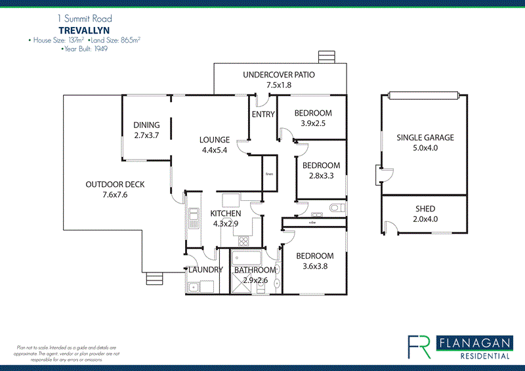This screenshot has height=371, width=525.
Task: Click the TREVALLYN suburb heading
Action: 83,30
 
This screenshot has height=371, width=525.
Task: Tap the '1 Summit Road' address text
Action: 84,20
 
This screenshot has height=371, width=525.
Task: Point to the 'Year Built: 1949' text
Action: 85,49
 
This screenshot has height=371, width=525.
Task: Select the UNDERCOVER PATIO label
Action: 279,75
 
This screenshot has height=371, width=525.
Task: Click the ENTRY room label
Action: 263,115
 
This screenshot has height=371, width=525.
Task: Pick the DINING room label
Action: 147,125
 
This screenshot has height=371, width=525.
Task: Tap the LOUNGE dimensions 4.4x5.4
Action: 215,150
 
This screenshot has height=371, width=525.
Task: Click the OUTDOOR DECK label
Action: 115,185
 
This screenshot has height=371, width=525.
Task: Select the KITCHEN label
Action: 225,213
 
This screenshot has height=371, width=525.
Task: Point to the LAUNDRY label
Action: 205,270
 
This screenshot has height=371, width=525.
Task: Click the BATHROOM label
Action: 255,270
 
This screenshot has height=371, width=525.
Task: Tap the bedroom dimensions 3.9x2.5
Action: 313,123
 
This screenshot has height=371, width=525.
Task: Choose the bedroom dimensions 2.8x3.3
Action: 321,175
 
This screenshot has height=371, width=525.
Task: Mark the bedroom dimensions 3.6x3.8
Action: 315,266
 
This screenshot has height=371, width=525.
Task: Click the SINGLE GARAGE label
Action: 425,138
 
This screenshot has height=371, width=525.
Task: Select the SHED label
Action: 425,209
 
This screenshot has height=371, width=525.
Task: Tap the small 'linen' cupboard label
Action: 269,174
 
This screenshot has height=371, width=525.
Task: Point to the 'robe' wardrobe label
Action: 312,223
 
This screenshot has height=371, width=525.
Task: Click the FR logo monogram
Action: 419,346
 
